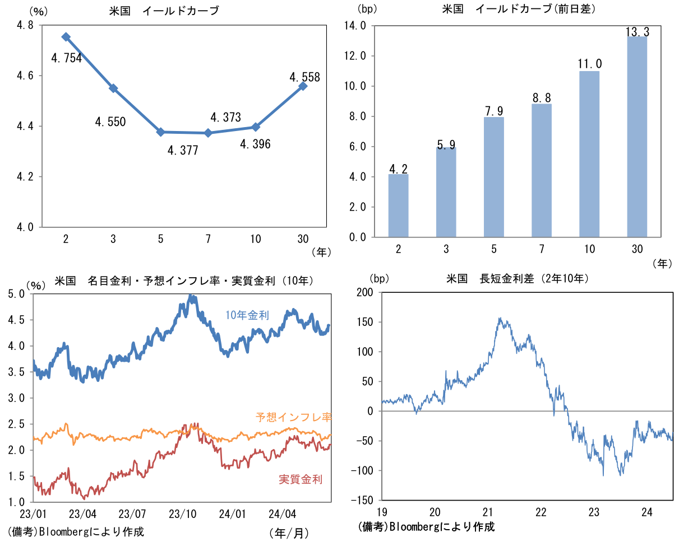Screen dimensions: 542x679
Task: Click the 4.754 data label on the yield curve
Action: [66, 58]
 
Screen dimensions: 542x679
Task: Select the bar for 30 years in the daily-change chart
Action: [637, 137]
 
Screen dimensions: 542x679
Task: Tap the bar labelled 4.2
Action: [399, 205]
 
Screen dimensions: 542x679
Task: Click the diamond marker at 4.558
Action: [303, 86]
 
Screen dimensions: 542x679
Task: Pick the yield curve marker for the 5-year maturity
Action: [161, 132]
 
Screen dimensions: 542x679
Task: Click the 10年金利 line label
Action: [247, 315]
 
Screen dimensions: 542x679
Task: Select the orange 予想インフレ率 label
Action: [293, 417]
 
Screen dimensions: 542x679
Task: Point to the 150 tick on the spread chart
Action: [365, 323]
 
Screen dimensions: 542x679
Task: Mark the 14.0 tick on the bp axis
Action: [355, 26]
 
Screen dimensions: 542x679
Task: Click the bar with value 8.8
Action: [542, 170]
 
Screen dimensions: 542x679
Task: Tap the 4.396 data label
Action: [255, 144]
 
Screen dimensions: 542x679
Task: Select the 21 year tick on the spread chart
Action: [488, 512]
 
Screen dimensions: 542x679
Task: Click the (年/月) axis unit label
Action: [289, 532]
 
